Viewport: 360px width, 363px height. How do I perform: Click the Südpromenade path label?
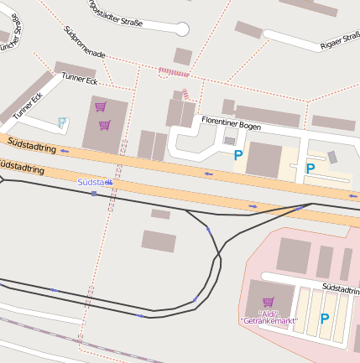84,42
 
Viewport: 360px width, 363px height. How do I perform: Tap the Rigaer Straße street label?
341,40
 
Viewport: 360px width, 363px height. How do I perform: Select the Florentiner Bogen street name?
232,123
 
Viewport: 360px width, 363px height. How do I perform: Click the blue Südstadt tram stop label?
94,182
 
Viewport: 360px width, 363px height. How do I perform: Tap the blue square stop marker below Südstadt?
94,194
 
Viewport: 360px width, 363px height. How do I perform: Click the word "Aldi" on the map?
268,313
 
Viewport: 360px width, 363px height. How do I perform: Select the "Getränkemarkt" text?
269,321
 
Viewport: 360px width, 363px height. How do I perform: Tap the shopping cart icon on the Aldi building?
268,302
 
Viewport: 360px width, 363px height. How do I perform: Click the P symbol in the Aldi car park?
325,318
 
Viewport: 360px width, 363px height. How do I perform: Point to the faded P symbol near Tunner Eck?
62,122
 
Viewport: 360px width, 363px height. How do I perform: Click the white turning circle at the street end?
181,29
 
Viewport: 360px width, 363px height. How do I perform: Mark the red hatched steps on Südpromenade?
174,73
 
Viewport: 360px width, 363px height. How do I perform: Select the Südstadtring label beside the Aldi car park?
341,289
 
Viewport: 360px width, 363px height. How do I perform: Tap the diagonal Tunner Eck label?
27,106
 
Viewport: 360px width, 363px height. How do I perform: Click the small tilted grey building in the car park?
332,157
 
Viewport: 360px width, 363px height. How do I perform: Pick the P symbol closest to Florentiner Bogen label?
238,154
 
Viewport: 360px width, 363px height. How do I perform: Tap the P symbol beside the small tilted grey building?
310,168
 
